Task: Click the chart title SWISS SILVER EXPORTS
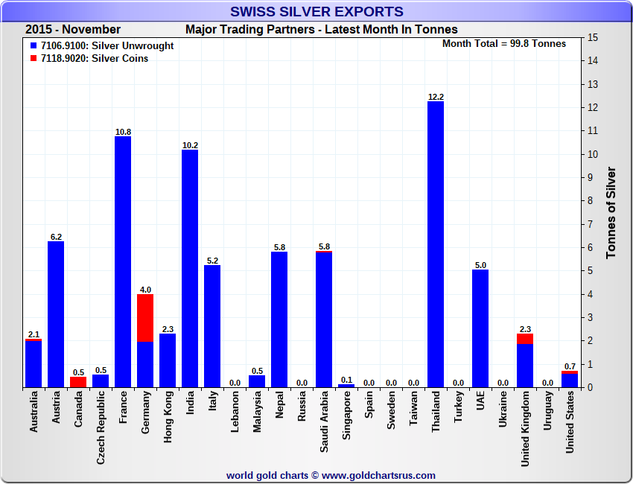coord(316,11)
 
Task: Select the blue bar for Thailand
coord(436,246)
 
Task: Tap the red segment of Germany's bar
coord(145,318)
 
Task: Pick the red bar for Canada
coord(78,382)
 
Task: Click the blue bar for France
coord(123,261)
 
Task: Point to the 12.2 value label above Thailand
coord(436,97)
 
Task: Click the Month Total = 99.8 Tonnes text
coord(504,43)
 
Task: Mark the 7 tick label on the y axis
coord(591,224)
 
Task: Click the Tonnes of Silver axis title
coord(611,212)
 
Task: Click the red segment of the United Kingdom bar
coord(525,338)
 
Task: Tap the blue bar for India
coord(190,268)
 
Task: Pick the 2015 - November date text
coord(73,30)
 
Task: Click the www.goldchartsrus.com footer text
coord(378,475)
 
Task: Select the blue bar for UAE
coord(480,328)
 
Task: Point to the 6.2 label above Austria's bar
coord(56,237)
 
